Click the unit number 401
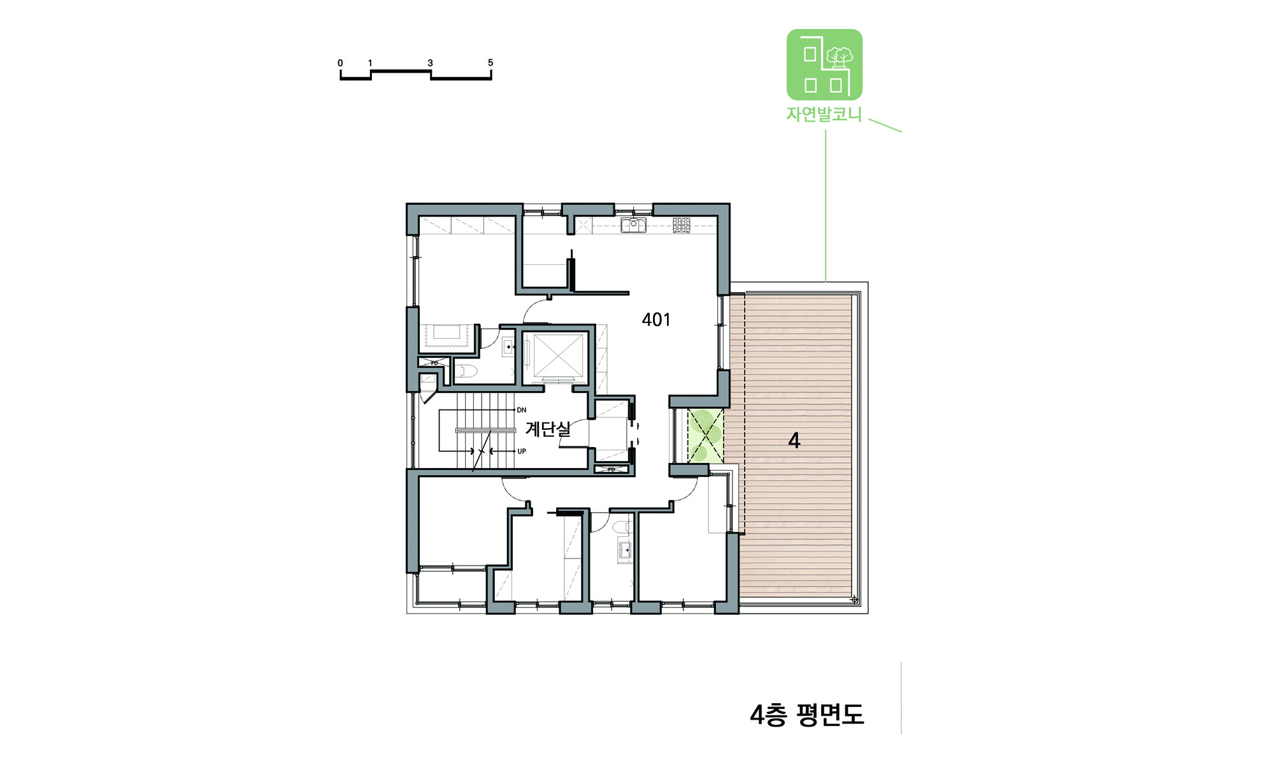pos(656,320)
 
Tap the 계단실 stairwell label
pos(548,429)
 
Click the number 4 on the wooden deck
pos(794,440)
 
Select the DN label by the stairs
pos(522,410)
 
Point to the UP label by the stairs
pos(522,452)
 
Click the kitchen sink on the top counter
pos(633,224)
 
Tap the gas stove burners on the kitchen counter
pos(682,224)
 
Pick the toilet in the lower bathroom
pos(621,527)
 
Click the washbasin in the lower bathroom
pos(624,550)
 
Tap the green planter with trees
pos(705,436)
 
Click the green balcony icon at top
pos(824,64)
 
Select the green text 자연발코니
pos(824,115)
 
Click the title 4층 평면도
pos(806,715)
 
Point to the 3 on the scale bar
pos(430,63)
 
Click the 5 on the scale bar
pos(490,62)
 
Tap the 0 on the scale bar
pos(340,63)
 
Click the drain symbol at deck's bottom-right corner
pos(854,599)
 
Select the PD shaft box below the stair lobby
pos(612,470)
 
